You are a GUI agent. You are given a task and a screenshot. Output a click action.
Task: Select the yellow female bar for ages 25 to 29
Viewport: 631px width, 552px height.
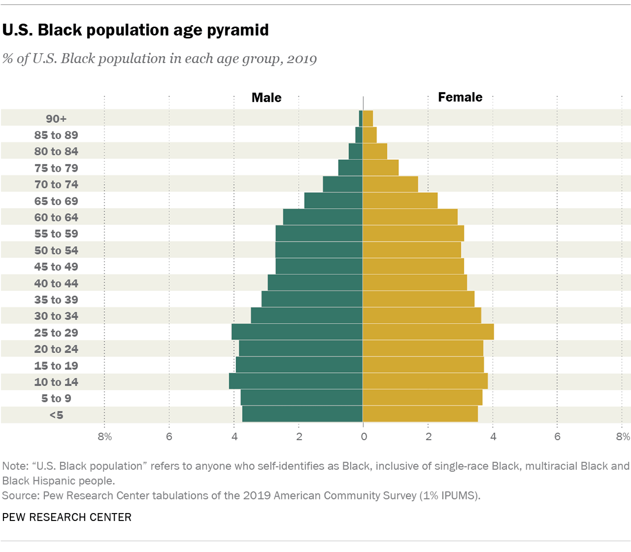pyautogui.click(x=428, y=332)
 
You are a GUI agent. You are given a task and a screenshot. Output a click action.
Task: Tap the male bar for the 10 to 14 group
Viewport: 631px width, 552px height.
pyautogui.click(x=296, y=381)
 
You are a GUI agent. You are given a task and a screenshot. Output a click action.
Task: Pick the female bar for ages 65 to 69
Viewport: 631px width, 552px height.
pyautogui.click(x=400, y=201)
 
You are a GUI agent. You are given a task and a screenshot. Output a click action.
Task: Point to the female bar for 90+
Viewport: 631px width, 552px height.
pyautogui.click(x=368, y=118)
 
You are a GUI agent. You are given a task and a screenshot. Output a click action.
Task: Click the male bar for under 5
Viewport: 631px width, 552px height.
pyautogui.click(x=302, y=414)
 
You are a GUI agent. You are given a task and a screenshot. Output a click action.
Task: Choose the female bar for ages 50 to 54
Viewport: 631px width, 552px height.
pyautogui.click(x=412, y=250)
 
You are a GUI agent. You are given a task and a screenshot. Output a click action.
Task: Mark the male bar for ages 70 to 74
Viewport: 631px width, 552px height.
pyautogui.click(x=343, y=184)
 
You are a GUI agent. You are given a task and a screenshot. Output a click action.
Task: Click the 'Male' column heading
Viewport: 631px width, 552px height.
pyautogui.click(x=266, y=98)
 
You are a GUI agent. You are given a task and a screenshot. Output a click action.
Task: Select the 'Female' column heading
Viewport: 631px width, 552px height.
pyautogui.click(x=460, y=97)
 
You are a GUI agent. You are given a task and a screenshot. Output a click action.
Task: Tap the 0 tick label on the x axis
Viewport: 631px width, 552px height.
pyautogui.click(x=364, y=437)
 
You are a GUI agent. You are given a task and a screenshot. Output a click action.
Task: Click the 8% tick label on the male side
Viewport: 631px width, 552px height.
pyautogui.click(x=105, y=437)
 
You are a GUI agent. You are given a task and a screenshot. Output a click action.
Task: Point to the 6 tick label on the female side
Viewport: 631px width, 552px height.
pyautogui.click(x=557, y=437)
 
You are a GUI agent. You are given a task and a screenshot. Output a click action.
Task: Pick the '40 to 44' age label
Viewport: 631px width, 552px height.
pyautogui.click(x=56, y=283)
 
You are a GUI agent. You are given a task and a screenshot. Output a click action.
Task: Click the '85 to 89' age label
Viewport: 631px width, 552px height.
pyautogui.click(x=56, y=135)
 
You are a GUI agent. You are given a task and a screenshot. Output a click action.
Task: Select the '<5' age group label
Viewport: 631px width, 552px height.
pyautogui.click(x=56, y=415)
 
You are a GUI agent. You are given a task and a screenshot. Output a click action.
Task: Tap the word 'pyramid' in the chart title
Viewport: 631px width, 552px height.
pyautogui.click(x=238, y=31)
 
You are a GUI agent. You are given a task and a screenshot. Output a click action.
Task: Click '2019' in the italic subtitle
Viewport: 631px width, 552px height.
pyautogui.click(x=302, y=59)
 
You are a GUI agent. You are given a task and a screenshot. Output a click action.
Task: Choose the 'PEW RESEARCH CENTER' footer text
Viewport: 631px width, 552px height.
pyautogui.click(x=67, y=517)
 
